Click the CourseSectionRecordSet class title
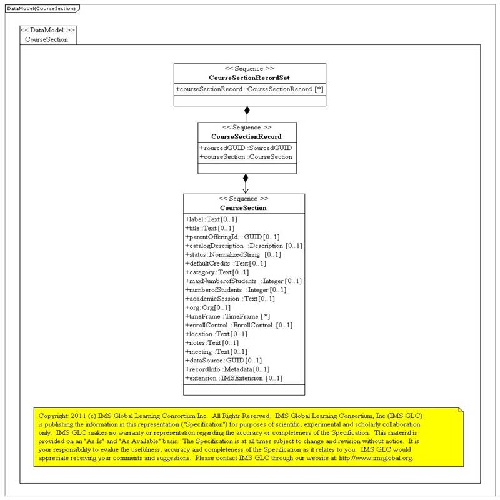point(249,77)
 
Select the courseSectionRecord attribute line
point(249,89)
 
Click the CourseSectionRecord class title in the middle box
point(246,136)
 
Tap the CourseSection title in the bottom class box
point(243,207)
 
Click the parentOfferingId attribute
point(232,237)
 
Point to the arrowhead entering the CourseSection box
point(246,189)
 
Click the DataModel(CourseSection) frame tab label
point(41,8)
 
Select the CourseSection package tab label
point(46,39)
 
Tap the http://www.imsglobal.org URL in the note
point(376,458)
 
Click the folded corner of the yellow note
point(461,410)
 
